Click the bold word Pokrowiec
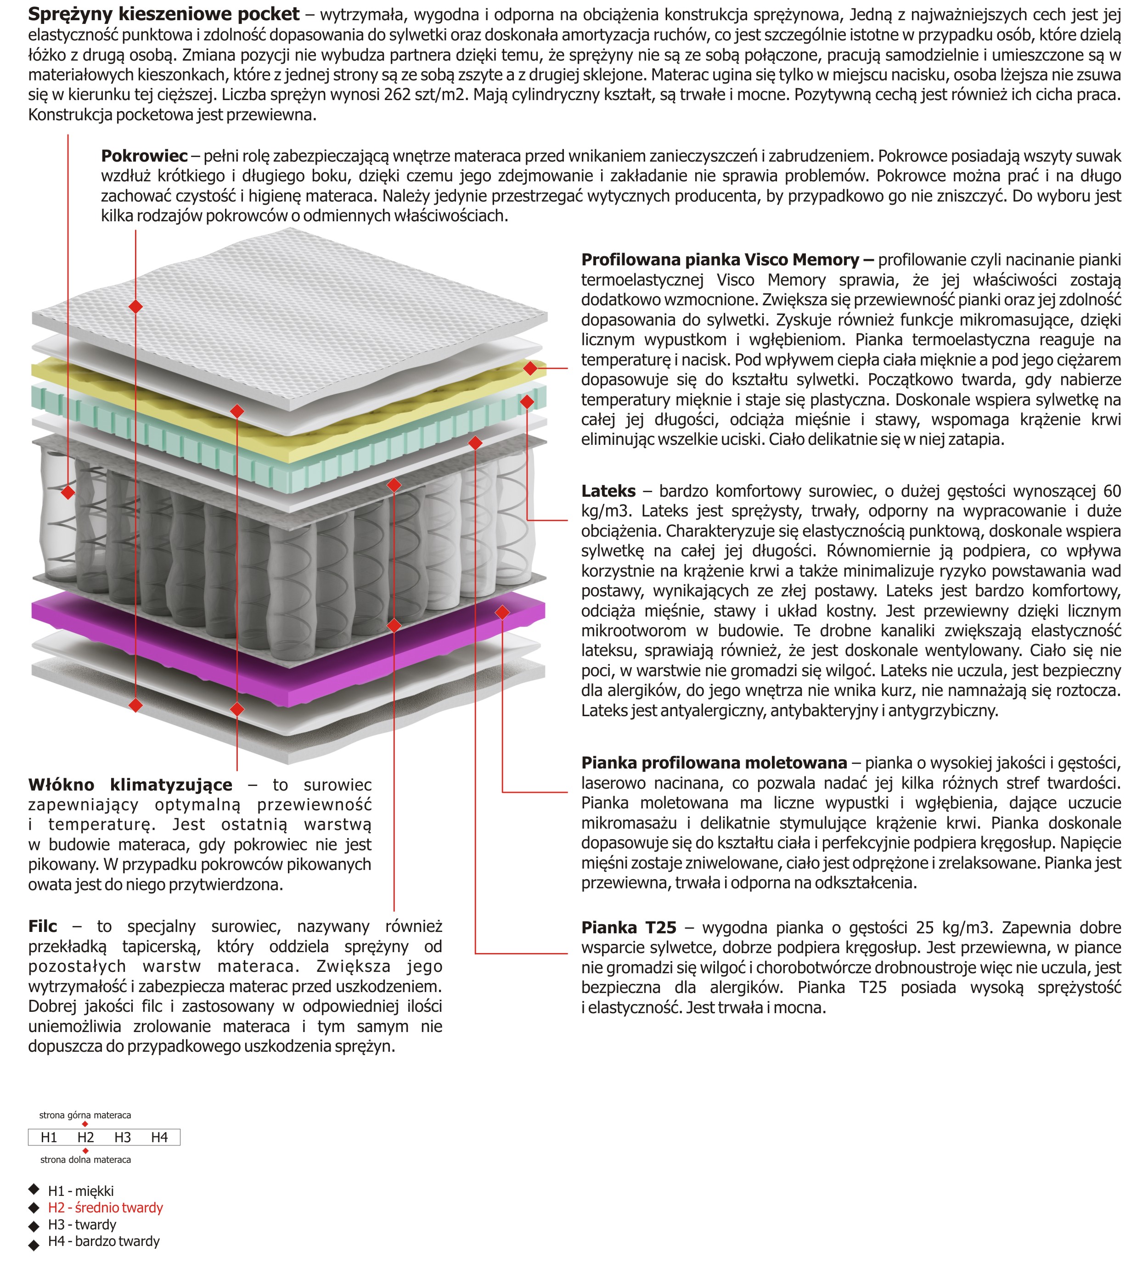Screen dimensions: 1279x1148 point(144,156)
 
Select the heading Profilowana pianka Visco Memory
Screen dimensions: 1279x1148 point(720,260)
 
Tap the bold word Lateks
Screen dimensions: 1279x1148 point(608,491)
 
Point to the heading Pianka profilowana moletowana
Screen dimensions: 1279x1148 point(714,763)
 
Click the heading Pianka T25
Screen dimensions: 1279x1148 point(628,927)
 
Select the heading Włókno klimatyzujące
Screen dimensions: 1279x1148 point(130,785)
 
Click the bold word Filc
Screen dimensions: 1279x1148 point(42,926)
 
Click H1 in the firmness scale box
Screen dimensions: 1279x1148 point(49,1137)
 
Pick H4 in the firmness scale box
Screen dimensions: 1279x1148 point(160,1137)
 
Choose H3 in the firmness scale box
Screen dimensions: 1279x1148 point(122,1137)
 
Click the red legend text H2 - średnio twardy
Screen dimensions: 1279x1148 point(105,1207)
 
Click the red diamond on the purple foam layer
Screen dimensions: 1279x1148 point(502,612)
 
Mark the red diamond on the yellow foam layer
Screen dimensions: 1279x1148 point(530,368)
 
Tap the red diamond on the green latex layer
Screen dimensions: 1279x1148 point(527,401)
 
